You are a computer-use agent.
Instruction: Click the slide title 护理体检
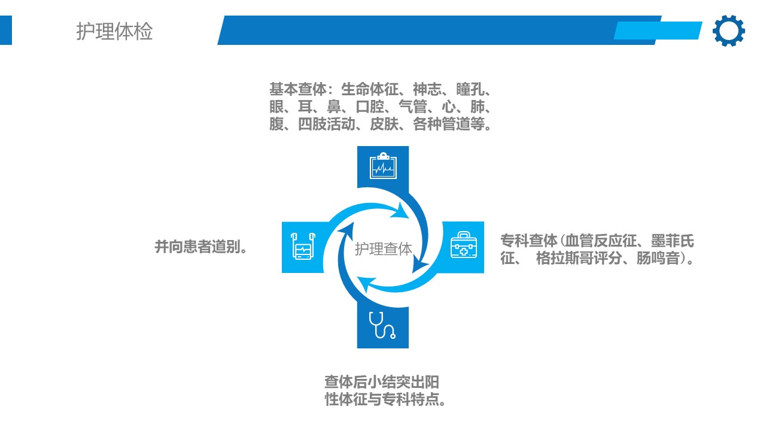(114, 32)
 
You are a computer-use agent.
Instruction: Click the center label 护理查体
(384, 249)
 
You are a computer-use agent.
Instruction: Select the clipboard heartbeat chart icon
(383, 166)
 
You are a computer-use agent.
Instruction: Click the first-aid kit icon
(464, 245)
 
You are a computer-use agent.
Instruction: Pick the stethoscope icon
(382, 325)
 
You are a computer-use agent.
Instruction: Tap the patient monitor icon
(303, 246)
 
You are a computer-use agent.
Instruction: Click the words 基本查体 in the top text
(298, 89)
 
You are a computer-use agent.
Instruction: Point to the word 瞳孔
(470, 89)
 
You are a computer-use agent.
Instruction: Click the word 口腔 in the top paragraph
(370, 107)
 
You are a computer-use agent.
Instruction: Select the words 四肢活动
(327, 124)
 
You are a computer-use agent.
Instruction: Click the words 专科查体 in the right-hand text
(529, 241)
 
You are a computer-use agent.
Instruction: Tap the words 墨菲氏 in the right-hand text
(672, 241)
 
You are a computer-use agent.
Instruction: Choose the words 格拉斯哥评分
(579, 258)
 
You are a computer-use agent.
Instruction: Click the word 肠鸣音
(658, 258)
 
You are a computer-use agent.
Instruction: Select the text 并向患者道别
(197, 247)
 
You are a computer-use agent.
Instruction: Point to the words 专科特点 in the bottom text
(411, 399)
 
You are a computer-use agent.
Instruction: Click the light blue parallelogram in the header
(658, 31)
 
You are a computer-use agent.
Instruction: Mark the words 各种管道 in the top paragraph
(442, 124)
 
